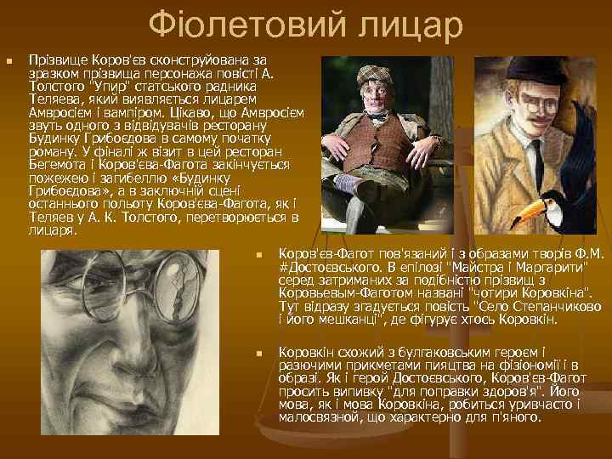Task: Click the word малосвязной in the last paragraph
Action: (x=318, y=417)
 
